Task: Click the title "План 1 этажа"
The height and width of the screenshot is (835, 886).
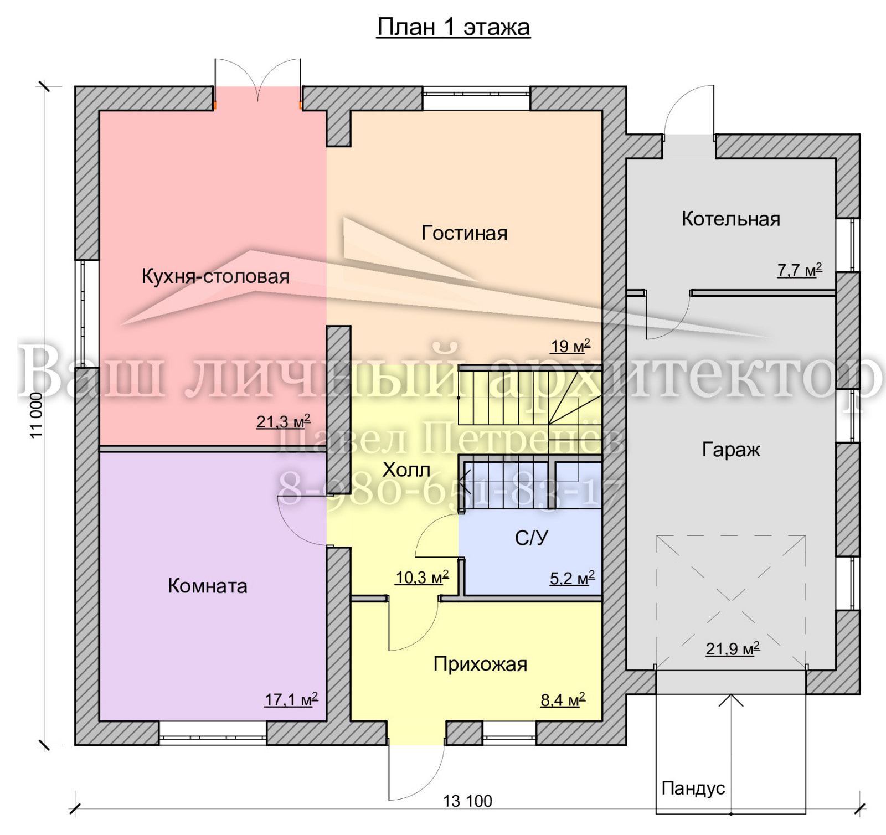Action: (x=454, y=27)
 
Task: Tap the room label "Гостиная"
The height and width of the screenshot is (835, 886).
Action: (x=465, y=233)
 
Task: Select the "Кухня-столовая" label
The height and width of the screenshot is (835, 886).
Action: (x=215, y=276)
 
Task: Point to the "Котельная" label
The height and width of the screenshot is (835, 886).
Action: (x=731, y=219)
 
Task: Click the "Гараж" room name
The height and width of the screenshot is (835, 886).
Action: (x=731, y=450)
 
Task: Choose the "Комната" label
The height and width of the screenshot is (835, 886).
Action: (x=208, y=586)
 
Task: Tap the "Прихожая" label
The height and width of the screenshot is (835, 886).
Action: (x=480, y=664)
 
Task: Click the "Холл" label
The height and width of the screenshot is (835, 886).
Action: (x=406, y=470)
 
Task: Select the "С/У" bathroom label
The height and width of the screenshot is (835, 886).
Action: (x=532, y=538)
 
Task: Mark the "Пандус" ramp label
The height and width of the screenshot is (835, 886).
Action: (x=693, y=788)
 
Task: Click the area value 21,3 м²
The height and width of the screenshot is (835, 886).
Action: (x=283, y=421)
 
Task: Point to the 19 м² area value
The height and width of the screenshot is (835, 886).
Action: (x=570, y=346)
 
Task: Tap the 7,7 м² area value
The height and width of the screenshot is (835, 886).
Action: (x=800, y=270)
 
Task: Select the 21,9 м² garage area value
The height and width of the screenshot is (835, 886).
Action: (x=733, y=648)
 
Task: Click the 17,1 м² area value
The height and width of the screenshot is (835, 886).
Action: (x=291, y=699)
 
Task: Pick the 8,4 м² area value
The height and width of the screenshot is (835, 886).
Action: (x=563, y=700)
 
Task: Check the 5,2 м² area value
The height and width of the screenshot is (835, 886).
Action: (x=572, y=579)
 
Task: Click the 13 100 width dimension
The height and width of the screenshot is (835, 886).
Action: (x=468, y=801)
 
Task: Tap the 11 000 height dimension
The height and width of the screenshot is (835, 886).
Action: (x=37, y=415)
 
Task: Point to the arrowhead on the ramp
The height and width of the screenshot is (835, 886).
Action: (x=731, y=700)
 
